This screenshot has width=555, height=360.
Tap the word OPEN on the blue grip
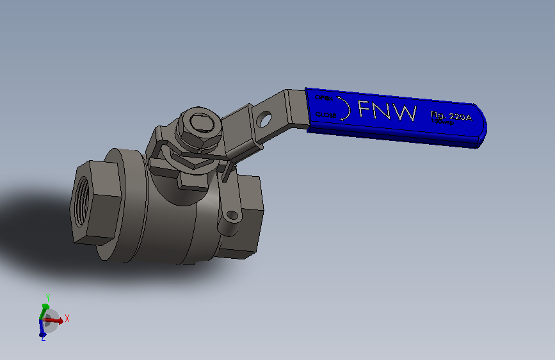(323, 99)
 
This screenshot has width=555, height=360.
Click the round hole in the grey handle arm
(264, 119)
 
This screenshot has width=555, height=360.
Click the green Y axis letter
(47, 297)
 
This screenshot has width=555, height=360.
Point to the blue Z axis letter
(42, 339)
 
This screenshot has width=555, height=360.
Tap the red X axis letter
(67, 318)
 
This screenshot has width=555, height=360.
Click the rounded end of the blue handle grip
(481, 128)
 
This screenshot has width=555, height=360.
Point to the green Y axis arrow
(44, 310)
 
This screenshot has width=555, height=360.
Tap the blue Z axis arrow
(42, 329)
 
